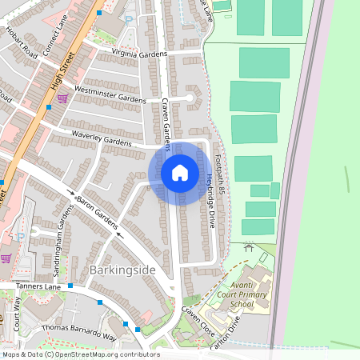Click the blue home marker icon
[180, 173]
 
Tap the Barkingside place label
[122, 270]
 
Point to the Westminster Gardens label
[110, 93]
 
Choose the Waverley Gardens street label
[102, 138]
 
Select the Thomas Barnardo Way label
[78, 332]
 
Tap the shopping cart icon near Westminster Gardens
[62, 98]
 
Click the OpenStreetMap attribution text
[80, 354]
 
